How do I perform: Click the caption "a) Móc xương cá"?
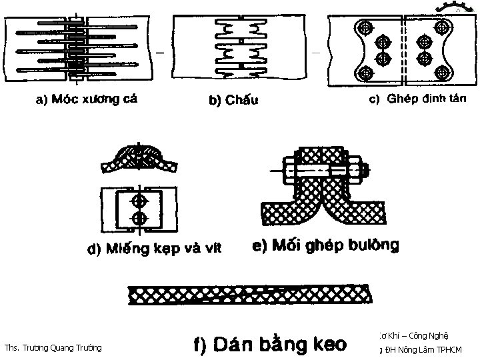point(86,100)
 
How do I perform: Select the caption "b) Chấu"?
point(234,101)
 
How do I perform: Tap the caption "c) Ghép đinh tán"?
point(418,98)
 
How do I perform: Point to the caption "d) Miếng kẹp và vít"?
point(155,249)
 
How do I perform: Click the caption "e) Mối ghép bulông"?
point(326,245)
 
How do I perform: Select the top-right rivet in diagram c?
point(442,28)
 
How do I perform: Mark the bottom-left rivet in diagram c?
point(365,73)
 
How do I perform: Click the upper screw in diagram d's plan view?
point(139,201)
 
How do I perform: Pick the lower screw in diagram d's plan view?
point(139,219)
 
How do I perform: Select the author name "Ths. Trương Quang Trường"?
point(53,347)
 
